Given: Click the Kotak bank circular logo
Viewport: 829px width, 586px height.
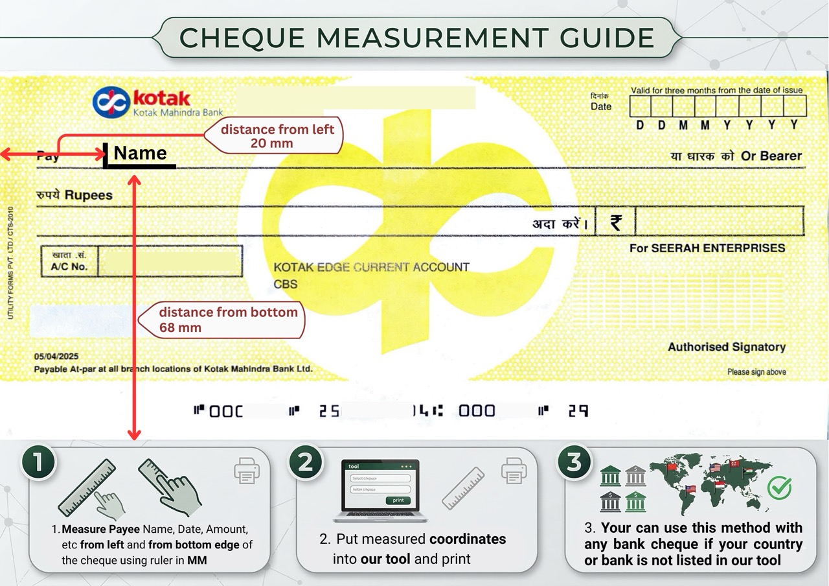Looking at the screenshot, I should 111,102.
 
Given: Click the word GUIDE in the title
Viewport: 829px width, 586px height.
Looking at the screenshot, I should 608,38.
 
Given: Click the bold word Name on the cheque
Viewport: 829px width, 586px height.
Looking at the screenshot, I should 140,154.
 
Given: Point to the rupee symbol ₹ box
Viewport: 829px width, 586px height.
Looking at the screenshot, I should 615,222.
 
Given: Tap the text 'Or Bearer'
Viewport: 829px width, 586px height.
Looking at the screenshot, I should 771,156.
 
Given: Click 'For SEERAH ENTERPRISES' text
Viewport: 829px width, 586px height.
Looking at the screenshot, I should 707,248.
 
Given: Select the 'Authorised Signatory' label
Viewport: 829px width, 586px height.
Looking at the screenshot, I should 726,347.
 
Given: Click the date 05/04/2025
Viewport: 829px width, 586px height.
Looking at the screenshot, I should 56,357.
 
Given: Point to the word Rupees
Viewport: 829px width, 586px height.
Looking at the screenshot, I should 88,195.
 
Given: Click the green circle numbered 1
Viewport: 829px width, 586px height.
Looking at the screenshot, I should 38,462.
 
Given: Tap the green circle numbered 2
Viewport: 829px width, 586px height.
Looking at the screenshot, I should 305,462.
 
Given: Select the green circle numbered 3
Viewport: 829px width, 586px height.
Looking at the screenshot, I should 574,462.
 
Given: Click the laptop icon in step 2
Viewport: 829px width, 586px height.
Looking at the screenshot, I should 380,491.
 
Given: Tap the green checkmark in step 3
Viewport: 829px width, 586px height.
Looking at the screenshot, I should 779,487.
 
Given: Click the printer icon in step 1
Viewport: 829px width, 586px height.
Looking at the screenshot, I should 247,471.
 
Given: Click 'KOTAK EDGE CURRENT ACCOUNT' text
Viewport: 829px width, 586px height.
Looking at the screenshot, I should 371,267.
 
